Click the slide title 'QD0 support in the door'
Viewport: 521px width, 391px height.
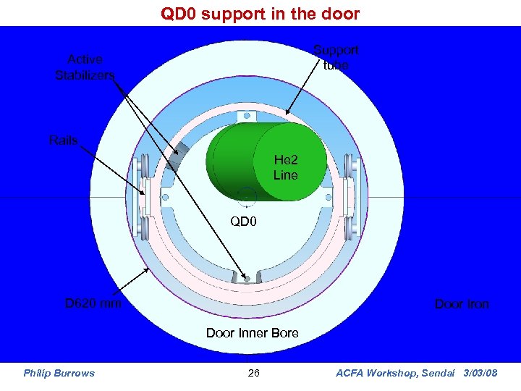[x=260, y=14]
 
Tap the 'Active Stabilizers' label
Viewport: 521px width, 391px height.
[x=85, y=67]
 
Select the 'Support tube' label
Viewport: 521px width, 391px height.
[x=335, y=57]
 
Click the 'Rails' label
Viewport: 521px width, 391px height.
[x=63, y=140]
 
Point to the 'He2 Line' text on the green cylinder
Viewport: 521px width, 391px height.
[x=285, y=167]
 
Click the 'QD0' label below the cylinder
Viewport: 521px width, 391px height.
[x=243, y=221]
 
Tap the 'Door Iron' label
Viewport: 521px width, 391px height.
[x=461, y=304]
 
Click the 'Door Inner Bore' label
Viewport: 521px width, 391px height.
[x=252, y=333]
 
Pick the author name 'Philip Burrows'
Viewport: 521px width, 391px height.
[x=59, y=373]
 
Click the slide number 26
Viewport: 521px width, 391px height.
[x=253, y=373]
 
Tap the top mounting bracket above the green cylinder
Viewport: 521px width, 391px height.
[x=246, y=116]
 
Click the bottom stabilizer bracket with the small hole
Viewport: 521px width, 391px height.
[x=246, y=277]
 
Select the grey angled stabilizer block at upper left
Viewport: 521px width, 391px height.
[x=177, y=154]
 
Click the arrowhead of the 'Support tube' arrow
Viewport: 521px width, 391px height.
[x=288, y=114]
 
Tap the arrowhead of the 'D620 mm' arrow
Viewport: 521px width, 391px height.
[x=148, y=269]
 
